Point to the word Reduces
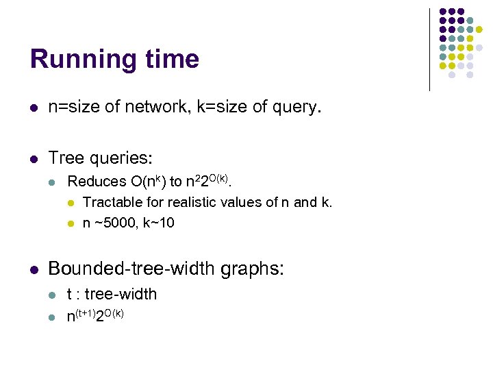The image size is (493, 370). (x=96, y=182)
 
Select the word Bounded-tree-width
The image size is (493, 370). (x=131, y=268)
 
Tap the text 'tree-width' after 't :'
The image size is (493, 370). (x=121, y=294)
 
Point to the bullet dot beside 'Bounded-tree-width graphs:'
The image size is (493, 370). (x=34, y=269)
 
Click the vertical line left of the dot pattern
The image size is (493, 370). (x=430, y=49)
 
